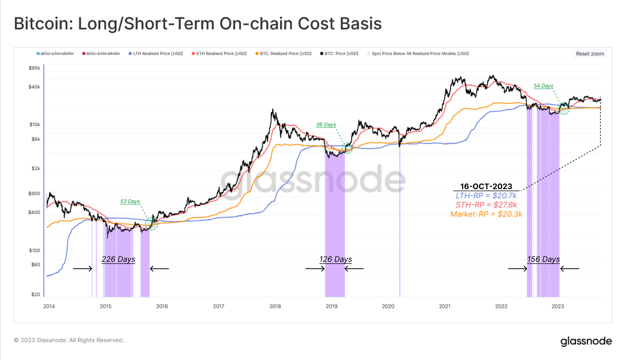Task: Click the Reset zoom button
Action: [x=589, y=54]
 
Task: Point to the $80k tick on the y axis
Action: [x=34, y=68]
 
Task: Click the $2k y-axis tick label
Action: [x=36, y=168]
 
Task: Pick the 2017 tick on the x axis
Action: [x=218, y=306]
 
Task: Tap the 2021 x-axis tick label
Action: [x=445, y=306]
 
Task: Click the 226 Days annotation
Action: [x=118, y=259]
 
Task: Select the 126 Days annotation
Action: [x=336, y=259]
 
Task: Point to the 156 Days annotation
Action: [x=543, y=259]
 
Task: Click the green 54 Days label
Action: [x=543, y=86]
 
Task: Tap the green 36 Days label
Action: [x=326, y=125]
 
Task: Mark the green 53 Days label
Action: [x=130, y=201]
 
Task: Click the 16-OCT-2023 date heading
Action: [x=486, y=186]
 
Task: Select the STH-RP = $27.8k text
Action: [x=486, y=205]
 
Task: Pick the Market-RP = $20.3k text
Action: [x=486, y=214]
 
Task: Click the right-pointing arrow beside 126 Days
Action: [x=315, y=269]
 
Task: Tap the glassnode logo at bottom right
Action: [x=586, y=341]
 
